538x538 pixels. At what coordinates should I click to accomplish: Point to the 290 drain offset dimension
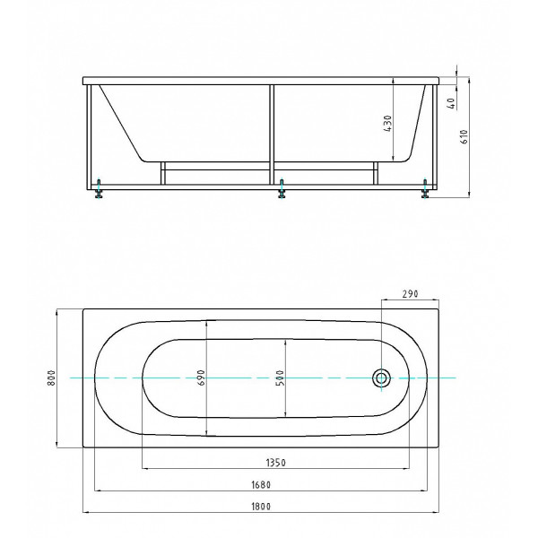pos(410,293)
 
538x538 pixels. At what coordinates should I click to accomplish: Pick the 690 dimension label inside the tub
pos(201,378)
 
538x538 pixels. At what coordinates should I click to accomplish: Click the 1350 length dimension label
pos(276,462)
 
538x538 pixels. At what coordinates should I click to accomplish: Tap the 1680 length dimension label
pos(261,484)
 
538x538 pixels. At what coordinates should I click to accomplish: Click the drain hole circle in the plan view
pos(382,377)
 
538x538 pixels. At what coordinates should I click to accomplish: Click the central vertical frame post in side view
pos(273,134)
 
